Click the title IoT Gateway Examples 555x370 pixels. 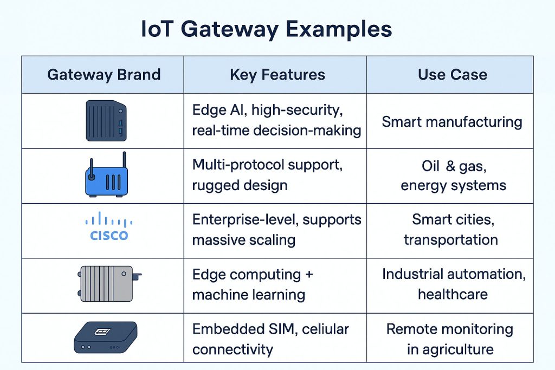(x=267, y=29)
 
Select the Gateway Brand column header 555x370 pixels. (x=104, y=75)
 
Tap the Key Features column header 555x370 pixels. (x=277, y=75)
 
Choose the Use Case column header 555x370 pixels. (x=453, y=75)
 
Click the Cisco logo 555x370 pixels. (x=108, y=226)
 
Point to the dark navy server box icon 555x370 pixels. (x=106, y=121)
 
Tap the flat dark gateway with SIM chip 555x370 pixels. (x=106, y=337)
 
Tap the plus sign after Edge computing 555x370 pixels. (x=309, y=275)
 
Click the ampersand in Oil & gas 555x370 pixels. (x=450, y=166)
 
